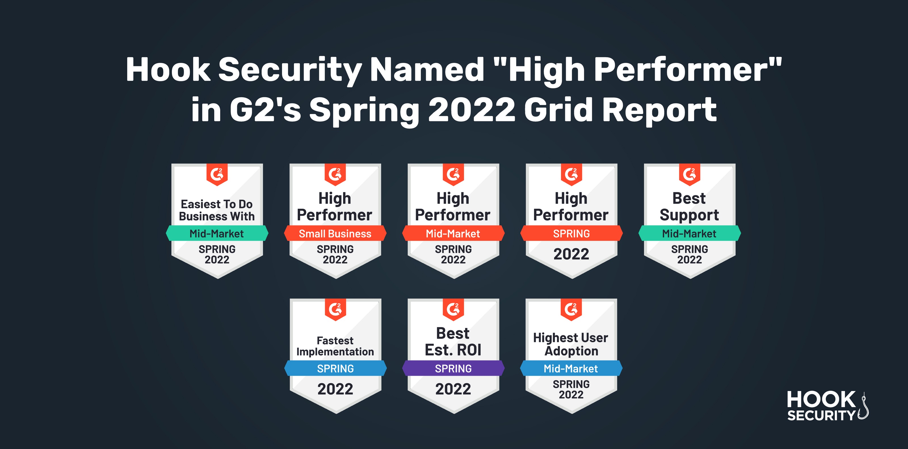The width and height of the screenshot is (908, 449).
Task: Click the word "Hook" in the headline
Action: pos(168,70)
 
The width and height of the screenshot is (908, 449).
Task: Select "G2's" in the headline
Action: pos(265,110)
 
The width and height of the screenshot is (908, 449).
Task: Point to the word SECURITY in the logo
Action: pos(821,416)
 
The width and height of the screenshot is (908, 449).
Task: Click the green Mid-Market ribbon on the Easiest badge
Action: pos(217,233)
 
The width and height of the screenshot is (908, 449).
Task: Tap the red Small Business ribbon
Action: pos(335,233)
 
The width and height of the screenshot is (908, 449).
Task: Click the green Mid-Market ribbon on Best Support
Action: pos(690,233)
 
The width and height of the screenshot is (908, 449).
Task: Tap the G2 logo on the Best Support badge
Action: pos(690,174)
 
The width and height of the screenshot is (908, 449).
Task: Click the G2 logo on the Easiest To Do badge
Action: pos(217,174)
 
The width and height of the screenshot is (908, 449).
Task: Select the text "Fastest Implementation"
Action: pos(335,346)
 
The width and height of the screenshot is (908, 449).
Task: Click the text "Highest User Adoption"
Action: pos(571,344)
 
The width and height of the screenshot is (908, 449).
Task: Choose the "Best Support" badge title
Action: pos(690,206)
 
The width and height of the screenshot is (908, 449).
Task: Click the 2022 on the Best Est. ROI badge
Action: pos(453,389)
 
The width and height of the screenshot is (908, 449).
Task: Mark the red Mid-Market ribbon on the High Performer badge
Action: pos(453,233)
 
